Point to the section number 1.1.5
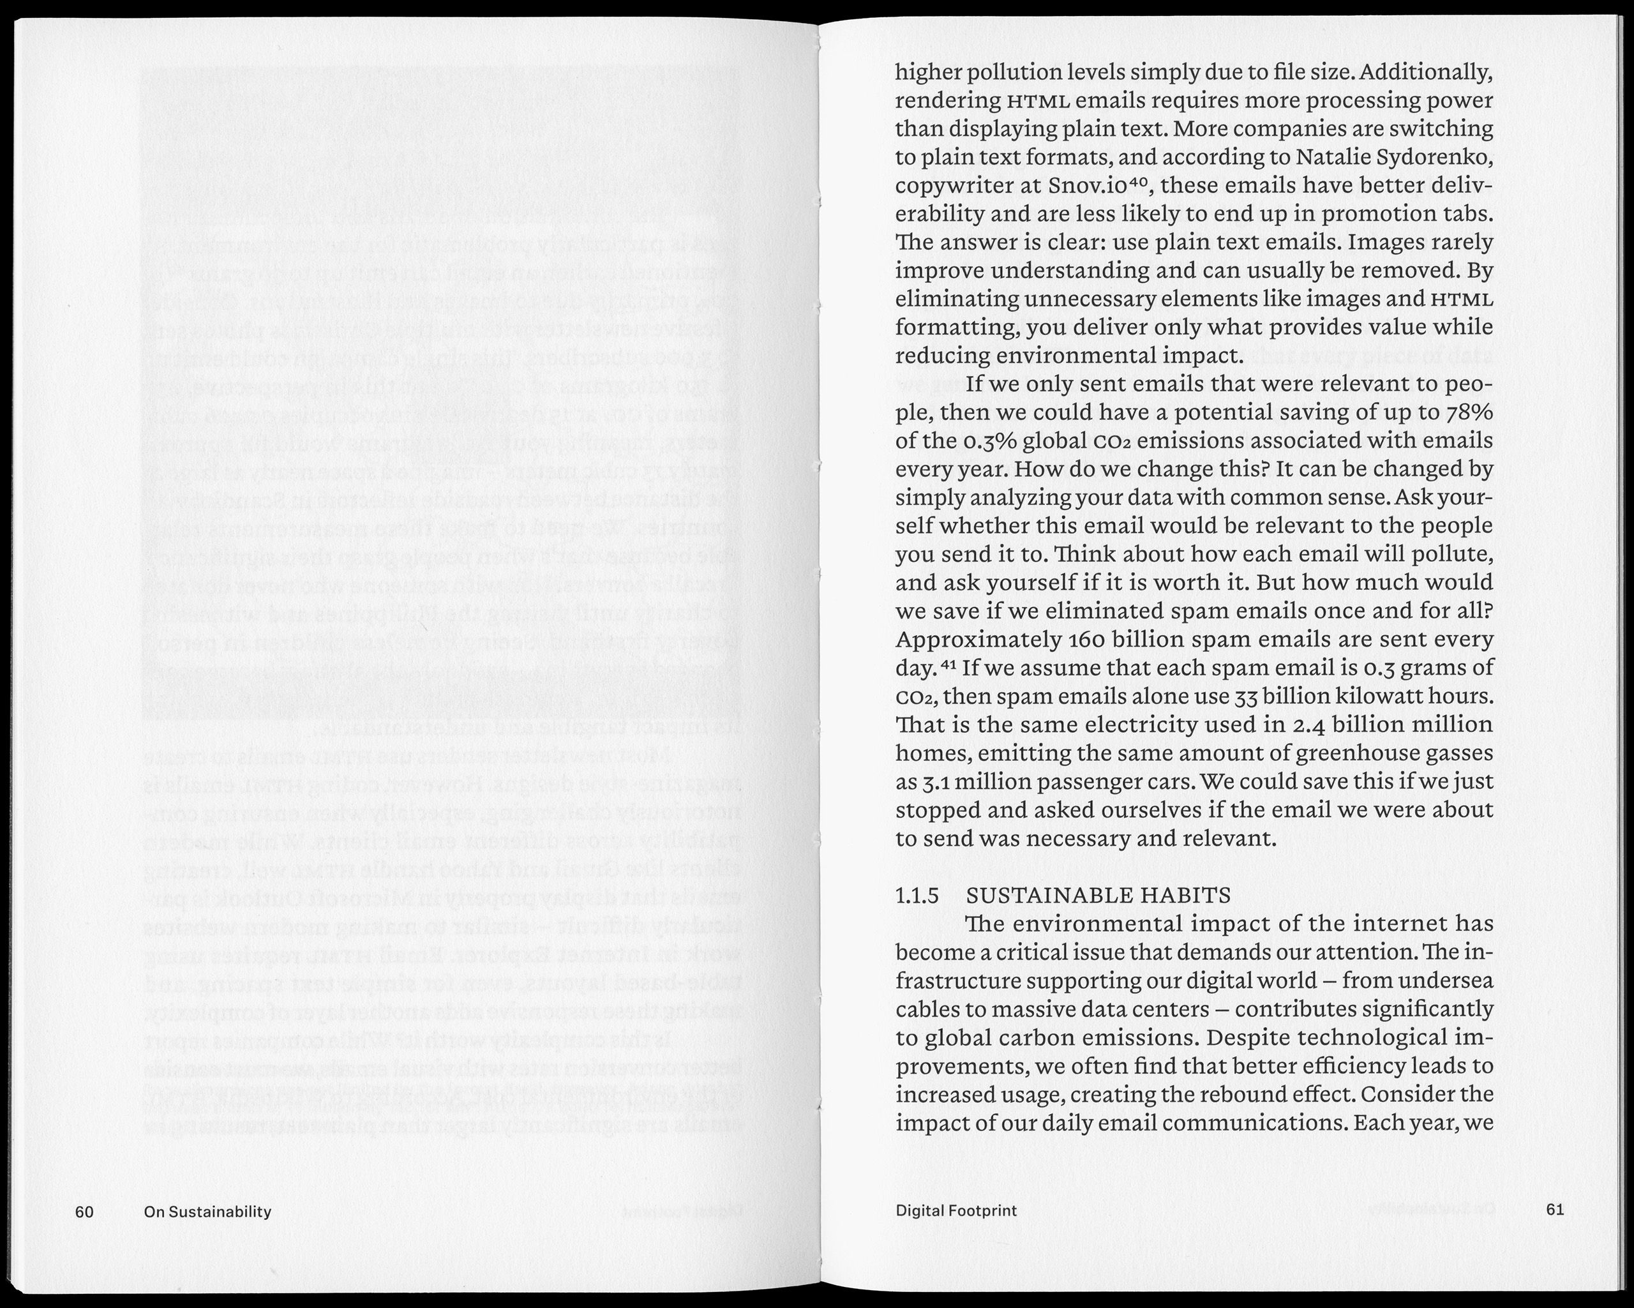tap(917, 895)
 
